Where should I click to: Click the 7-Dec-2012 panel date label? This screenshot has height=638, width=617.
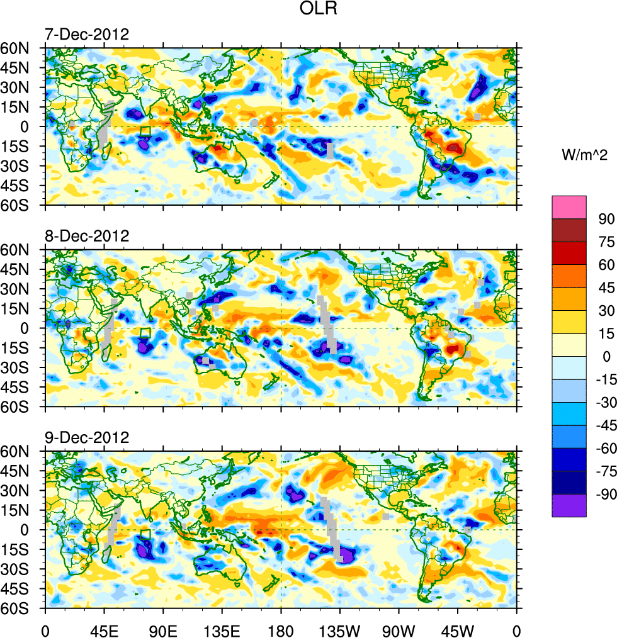tap(86, 34)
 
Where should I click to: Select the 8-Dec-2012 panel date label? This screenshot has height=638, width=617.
tap(86, 236)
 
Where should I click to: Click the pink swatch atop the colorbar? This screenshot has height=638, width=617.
tap(569, 207)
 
